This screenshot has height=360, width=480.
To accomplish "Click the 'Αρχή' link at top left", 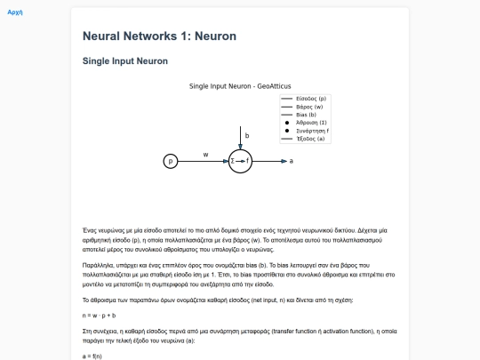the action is pyautogui.click(x=14, y=14).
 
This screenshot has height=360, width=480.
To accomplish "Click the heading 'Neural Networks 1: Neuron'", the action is pyautogui.click(x=159, y=36).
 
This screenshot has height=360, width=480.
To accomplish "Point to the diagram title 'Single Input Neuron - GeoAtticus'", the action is pyautogui.click(x=240, y=86).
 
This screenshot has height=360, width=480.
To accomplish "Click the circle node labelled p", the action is pyautogui.click(x=171, y=161).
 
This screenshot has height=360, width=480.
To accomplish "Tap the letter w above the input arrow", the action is pyautogui.click(x=205, y=154).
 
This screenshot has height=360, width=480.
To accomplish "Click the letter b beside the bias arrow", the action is pyautogui.click(x=246, y=136).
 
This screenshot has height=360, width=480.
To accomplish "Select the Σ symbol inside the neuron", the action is pyautogui.click(x=233, y=161).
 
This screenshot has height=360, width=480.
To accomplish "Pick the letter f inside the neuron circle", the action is pyautogui.click(x=247, y=161).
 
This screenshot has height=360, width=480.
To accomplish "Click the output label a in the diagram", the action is pyautogui.click(x=291, y=161).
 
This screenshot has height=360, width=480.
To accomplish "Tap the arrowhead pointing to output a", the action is pyautogui.click(x=282, y=161).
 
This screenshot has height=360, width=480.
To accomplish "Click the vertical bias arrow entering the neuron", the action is pyautogui.click(x=240, y=138).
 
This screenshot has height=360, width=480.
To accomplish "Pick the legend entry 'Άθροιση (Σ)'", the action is pyautogui.click(x=312, y=123).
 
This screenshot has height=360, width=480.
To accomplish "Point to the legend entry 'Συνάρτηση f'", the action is pyautogui.click(x=312, y=131).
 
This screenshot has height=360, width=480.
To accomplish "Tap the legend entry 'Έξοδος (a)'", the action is pyautogui.click(x=311, y=139).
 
